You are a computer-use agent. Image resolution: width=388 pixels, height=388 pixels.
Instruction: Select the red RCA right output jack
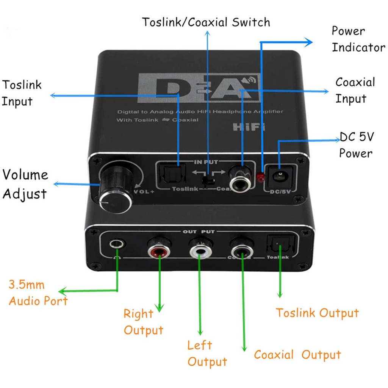pos(158,250)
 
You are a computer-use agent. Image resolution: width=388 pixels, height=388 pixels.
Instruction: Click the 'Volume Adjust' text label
pos(25,184)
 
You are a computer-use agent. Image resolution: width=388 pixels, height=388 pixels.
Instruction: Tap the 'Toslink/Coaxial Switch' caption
pos(206,22)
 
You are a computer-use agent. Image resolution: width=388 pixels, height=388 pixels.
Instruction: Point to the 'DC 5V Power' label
pos(356,145)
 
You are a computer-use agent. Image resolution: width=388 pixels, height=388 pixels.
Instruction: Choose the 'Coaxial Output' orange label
pos(297,355)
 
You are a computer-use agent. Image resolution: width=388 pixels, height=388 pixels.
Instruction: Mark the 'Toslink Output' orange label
pos(317,313)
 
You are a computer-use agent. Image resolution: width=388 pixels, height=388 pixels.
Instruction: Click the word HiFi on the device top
pos(249,127)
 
